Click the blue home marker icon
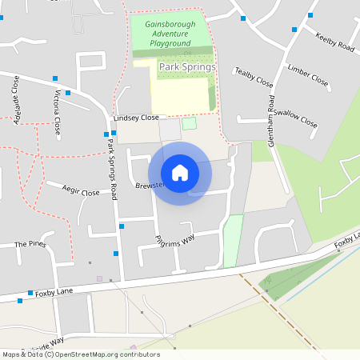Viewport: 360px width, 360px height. coord(180,172)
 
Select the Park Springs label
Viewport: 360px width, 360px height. coord(186,67)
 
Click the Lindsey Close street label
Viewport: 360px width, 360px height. coord(137,117)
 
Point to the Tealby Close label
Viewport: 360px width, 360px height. coord(254,78)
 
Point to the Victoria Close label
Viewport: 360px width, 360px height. coord(56,111)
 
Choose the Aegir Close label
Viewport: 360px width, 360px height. coord(81,192)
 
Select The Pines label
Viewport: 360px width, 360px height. coord(30,243)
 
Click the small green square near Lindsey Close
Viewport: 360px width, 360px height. coord(189,123)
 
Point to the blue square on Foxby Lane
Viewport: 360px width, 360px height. coord(30,293)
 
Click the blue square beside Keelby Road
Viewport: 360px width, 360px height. coord(296,30)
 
